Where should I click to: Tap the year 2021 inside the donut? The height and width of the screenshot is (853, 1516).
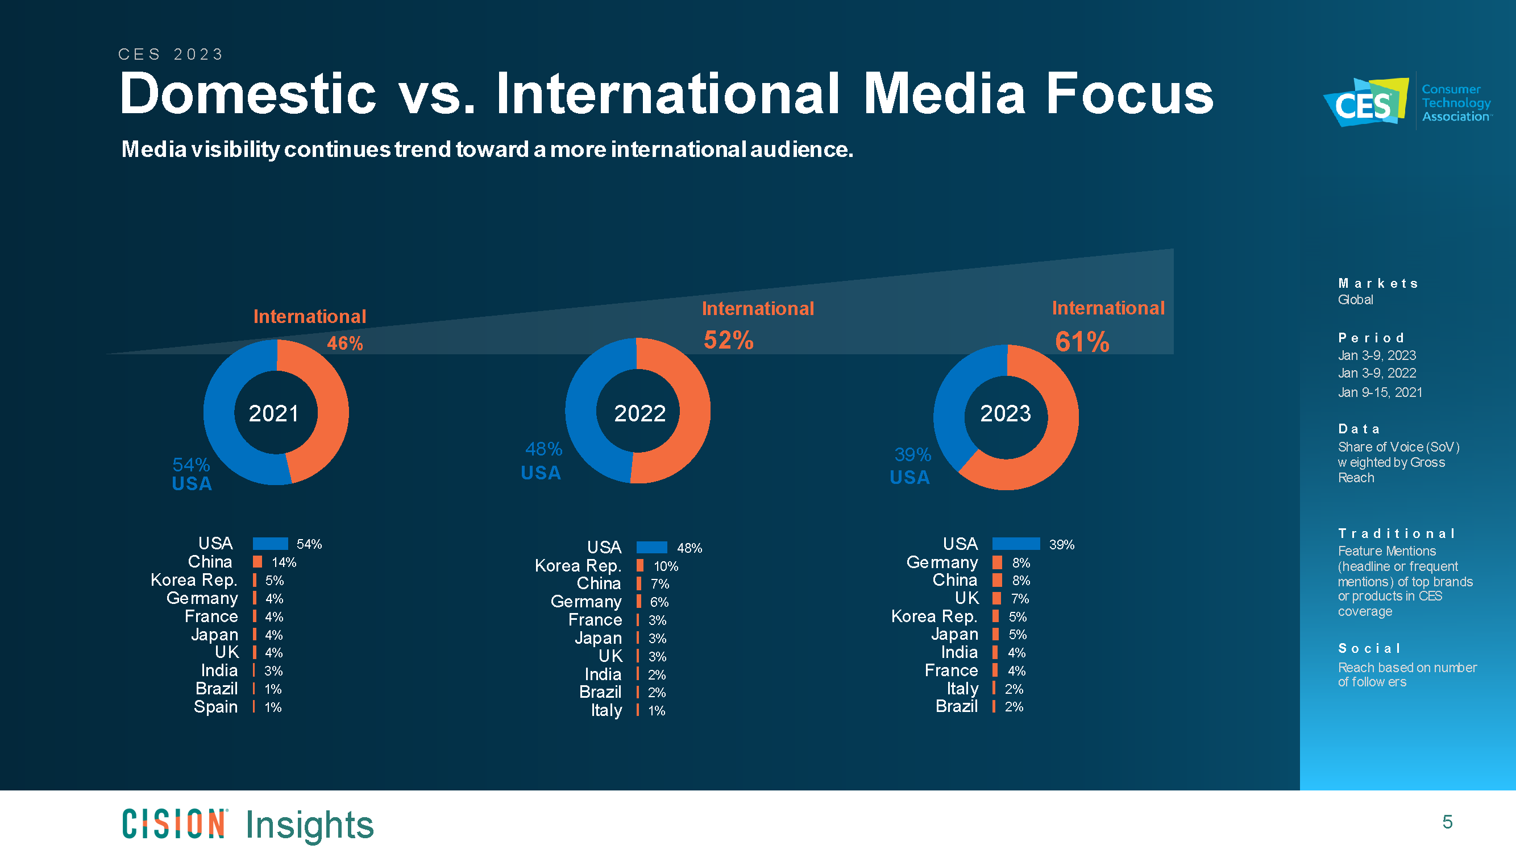[273, 413]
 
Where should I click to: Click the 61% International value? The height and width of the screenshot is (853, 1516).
[1082, 342]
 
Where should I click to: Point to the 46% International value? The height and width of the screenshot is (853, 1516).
[345, 343]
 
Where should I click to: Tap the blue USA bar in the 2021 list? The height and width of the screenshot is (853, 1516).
[270, 543]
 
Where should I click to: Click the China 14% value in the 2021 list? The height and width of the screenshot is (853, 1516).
[284, 562]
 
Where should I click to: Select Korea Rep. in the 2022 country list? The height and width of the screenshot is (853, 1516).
[578, 566]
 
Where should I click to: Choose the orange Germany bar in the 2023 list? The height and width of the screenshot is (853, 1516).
[997, 562]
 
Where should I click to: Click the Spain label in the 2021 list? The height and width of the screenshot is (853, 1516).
[215, 706]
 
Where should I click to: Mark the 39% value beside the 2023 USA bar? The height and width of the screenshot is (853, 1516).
[1062, 545]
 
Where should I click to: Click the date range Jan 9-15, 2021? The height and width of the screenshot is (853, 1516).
[1380, 392]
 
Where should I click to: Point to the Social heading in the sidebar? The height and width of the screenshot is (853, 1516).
[1369, 648]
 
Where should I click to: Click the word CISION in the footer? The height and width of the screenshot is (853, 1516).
[174, 823]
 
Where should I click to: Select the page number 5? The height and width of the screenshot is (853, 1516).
[1448, 822]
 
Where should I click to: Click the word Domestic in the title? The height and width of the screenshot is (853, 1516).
[248, 94]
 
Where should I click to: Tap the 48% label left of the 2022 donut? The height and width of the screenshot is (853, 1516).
[543, 449]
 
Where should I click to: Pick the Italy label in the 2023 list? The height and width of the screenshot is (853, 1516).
[962, 688]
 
